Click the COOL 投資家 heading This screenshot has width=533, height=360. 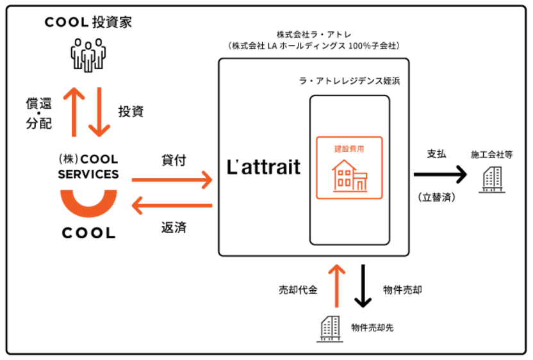[x=88, y=22]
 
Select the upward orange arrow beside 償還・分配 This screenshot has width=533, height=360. [x=74, y=111]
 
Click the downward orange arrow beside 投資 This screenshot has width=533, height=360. [x=99, y=111]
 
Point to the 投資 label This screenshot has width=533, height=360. [x=131, y=111]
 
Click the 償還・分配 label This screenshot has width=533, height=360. [x=39, y=113]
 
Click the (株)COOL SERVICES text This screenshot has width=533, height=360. [x=88, y=167]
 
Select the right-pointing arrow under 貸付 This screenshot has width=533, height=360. [x=172, y=181]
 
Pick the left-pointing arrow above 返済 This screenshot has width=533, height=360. [x=172, y=206]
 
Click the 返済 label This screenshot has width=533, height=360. [x=173, y=227]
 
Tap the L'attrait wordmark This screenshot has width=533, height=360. [x=264, y=167]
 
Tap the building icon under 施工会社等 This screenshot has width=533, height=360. [x=492, y=177]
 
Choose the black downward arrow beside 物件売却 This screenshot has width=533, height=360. [x=363, y=286]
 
